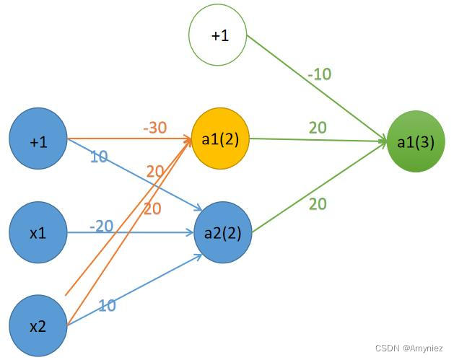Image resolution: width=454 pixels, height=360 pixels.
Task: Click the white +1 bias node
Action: (x=218, y=34)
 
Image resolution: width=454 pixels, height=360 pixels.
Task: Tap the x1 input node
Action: (x=38, y=232)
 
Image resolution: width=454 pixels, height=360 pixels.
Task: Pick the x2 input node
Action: (x=38, y=326)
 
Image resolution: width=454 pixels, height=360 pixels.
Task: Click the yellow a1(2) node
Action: (x=220, y=139)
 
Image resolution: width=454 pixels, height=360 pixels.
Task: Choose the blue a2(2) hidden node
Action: (x=223, y=232)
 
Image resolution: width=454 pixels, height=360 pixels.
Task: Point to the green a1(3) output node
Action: (x=416, y=141)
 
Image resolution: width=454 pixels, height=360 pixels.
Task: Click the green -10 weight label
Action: (x=318, y=74)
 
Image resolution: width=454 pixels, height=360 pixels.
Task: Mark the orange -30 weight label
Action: (x=154, y=128)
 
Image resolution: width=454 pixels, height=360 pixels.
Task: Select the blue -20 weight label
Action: (x=101, y=226)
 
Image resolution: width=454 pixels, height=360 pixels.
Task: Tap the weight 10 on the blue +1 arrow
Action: (x=99, y=157)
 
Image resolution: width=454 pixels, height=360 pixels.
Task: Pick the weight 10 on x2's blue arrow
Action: (x=107, y=305)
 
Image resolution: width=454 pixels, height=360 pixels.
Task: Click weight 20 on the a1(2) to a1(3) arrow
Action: (x=318, y=128)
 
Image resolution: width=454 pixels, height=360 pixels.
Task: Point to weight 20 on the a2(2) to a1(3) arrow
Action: (x=318, y=204)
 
